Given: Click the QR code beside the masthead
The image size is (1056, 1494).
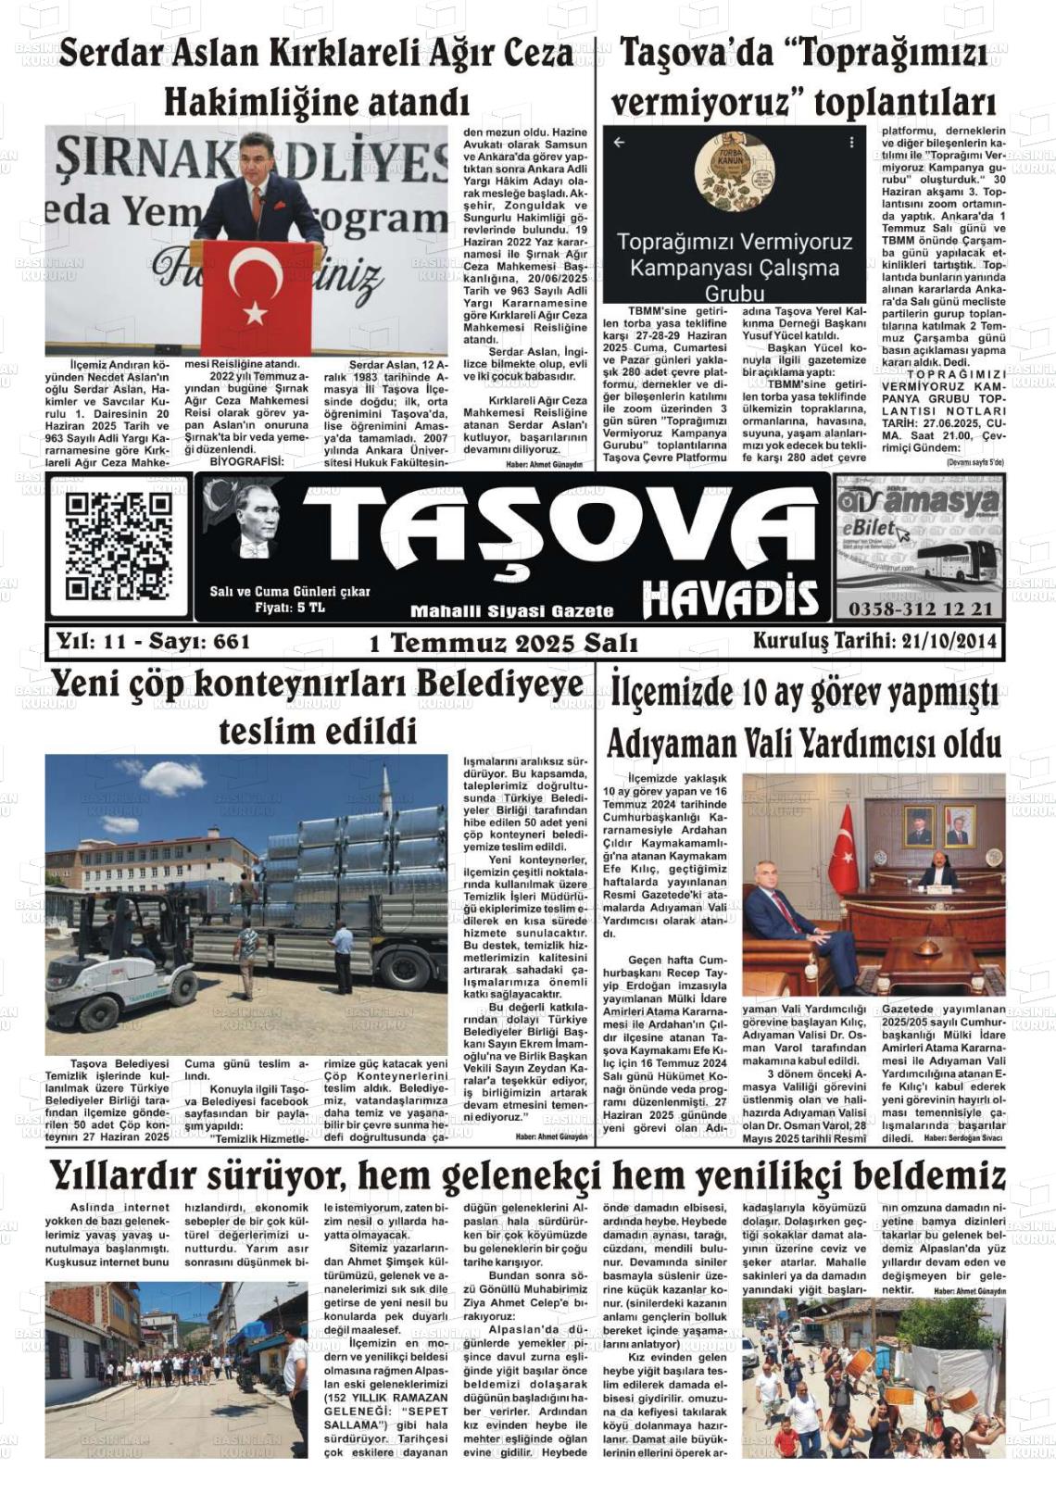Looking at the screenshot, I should click(118, 546).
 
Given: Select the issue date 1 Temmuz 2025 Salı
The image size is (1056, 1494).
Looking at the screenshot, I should click(503, 643).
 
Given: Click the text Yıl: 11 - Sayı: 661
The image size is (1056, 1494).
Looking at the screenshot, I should click(153, 641).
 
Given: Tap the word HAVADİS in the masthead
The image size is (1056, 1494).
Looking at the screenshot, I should click(730, 599).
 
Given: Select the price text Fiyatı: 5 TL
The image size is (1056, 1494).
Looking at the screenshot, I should click(289, 608).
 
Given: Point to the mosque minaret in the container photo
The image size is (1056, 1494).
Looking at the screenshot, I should click(385, 799).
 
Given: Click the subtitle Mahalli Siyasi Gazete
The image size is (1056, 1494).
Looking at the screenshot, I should click(511, 610).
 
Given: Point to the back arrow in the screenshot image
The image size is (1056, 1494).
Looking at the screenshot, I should click(619, 143).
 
